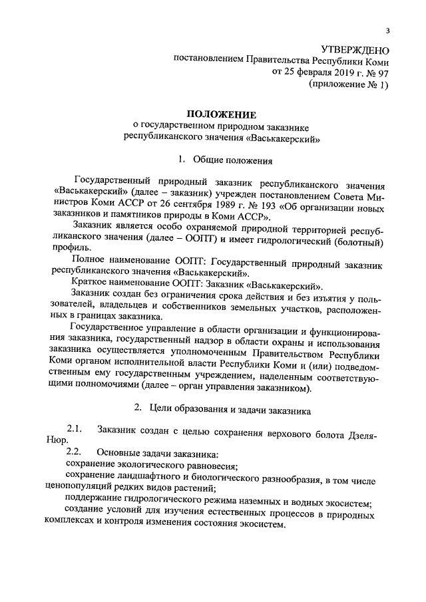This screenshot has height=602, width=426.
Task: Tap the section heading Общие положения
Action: click(233, 160)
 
